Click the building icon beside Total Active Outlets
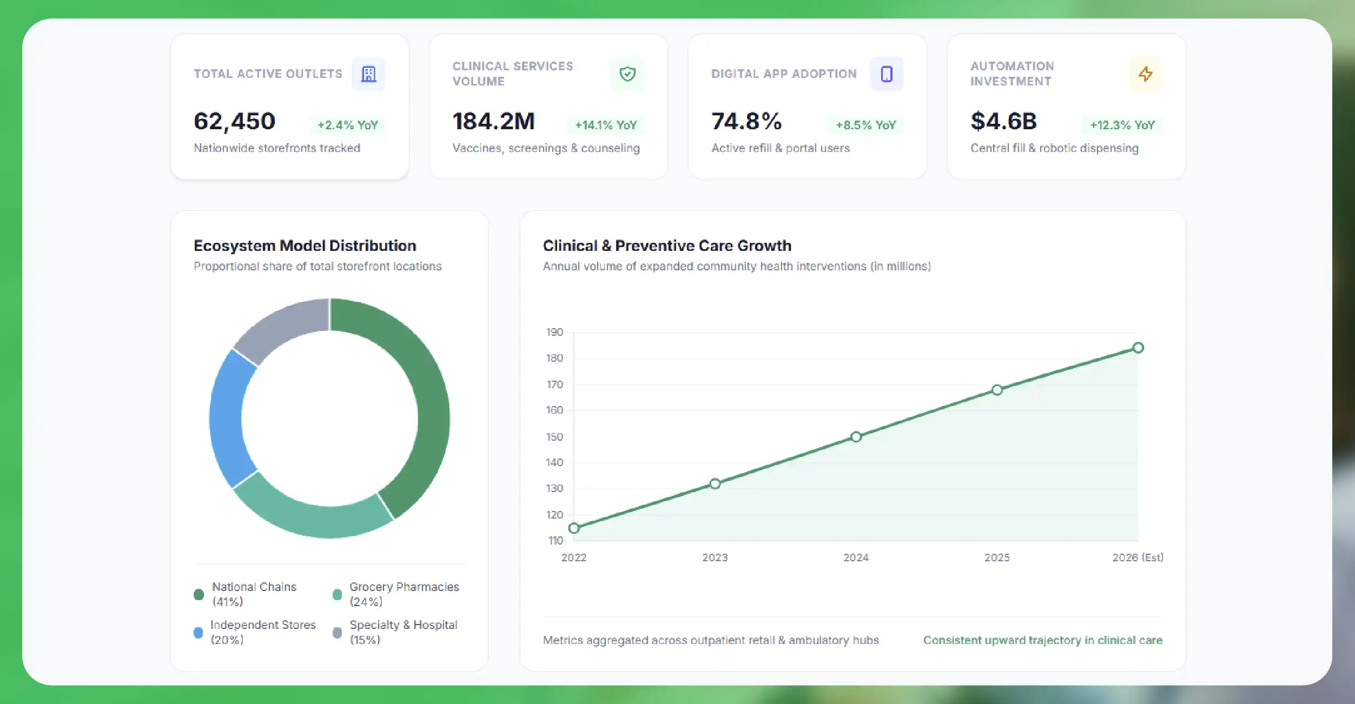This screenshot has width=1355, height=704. [368, 74]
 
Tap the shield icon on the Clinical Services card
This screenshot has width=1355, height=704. [627, 74]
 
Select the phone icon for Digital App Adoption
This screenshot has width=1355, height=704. [887, 74]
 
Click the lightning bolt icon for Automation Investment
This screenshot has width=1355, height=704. [1145, 74]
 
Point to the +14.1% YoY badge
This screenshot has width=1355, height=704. [606, 125]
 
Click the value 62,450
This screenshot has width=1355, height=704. [235, 121]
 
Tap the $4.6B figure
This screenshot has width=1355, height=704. [1003, 121]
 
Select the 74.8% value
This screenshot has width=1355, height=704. [746, 121]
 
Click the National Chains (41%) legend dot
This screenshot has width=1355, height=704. [199, 594]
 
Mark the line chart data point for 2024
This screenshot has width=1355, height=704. [856, 437]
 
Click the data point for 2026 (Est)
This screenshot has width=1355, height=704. [1138, 348]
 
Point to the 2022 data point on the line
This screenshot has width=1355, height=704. [574, 528]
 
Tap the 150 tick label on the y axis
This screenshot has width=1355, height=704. [554, 437]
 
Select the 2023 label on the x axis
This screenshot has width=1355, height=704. [715, 557]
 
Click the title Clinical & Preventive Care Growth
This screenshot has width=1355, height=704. [667, 245]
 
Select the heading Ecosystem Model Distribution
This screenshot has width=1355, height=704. [305, 245]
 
